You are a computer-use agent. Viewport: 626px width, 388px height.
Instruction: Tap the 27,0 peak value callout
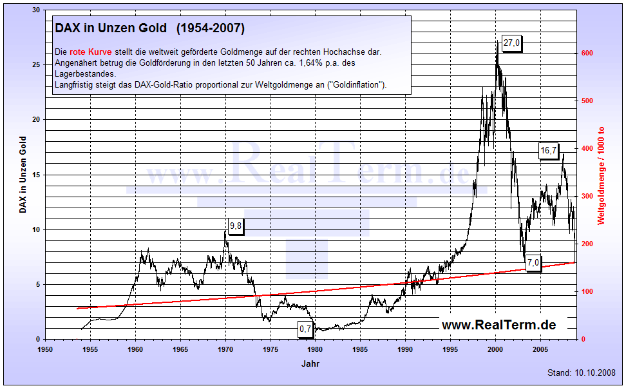pos(512,43)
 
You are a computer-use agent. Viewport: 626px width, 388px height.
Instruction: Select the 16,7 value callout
pos(548,150)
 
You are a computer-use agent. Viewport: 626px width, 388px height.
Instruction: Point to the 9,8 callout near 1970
pos(235,226)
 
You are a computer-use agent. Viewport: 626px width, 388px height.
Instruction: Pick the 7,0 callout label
pos(533,262)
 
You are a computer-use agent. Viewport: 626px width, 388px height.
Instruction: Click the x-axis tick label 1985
pos(360,349)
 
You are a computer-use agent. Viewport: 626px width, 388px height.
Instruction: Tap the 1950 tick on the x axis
pos(45,349)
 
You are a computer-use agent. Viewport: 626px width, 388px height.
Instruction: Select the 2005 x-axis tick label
pos(540,349)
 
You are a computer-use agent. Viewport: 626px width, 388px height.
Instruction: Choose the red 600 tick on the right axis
pos(587,53)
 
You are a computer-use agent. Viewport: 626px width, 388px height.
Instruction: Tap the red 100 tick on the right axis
pos(587,291)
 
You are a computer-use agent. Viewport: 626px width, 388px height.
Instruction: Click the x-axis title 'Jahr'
pos(310,364)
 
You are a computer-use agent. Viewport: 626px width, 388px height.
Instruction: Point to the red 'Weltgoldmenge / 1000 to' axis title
pos(602,175)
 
